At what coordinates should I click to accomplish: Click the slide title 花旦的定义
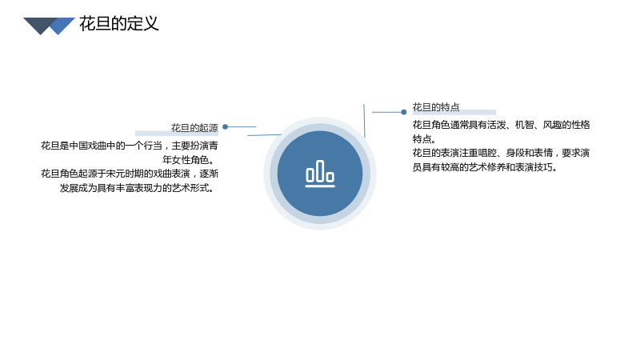(x=118, y=24)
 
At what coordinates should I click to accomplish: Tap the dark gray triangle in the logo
(x=40, y=25)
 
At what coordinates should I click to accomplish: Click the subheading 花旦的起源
(x=194, y=128)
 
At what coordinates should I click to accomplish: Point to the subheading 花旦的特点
(x=436, y=107)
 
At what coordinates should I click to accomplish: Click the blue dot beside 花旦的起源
(x=226, y=127)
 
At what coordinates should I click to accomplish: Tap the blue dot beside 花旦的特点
(x=404, y=112)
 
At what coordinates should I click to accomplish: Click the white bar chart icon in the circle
(x=320, y=174)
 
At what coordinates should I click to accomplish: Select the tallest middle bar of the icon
(x=320, y=170)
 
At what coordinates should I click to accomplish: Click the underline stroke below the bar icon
(x=320, y=186)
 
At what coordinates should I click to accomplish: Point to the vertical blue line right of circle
(x=364, y=121)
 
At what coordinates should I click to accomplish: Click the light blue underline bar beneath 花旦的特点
(x=454, y=112)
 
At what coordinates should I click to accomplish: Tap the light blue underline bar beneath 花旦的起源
(x=177, y=133)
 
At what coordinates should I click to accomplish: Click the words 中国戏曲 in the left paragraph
(x=88, y=146)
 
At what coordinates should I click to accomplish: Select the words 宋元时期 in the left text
(x=125, y=174)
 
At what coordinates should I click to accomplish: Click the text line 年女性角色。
(x=189, y=159)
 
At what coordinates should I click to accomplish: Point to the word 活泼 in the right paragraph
(x=497, y=125)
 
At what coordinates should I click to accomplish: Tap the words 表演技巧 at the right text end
(x=534, y=167)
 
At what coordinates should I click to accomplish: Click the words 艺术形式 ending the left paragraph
(x=190, y=188)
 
